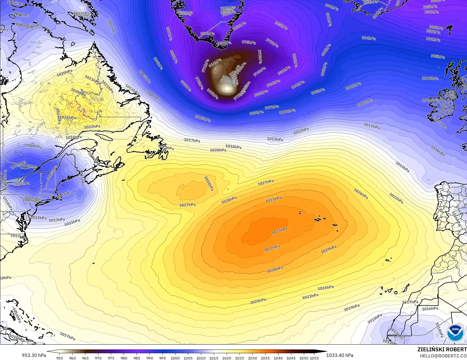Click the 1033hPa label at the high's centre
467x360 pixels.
coord(280,231)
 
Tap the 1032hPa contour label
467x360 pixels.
coord(272,248)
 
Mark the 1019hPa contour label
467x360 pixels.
coord(352,308)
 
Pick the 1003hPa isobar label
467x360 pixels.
coord(203,119)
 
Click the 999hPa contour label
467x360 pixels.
coord(256,113)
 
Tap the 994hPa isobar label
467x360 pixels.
coord(368,38)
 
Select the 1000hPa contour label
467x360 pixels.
coord(430,78)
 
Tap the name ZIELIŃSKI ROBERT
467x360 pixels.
coord(442,349)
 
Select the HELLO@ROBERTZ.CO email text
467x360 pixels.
coord(443,356)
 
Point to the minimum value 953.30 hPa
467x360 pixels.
coord(34,355)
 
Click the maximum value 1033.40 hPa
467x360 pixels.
coord(340,355)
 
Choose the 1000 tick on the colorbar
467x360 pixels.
coord(175,358)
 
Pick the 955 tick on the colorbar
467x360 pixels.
coord(60,358)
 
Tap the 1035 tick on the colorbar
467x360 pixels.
coord(265,358)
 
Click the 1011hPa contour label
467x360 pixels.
coord(372,126)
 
